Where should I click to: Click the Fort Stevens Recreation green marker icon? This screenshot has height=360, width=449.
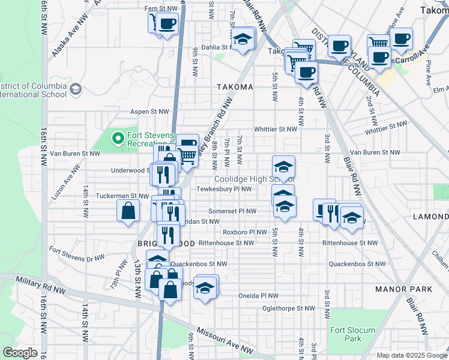click(x=118, y=139)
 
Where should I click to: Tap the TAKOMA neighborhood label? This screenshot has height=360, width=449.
click(x=235, y=87)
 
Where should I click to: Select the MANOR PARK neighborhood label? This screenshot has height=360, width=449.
click(x=403, y=289)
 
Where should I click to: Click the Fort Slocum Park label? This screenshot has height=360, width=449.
click(x=352, y=334)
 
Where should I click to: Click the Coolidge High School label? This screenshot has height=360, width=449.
click(x=255, y=179)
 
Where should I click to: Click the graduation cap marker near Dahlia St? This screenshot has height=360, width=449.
click(x=243, y=39)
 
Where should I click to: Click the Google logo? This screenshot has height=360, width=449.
click(x=19, y=353)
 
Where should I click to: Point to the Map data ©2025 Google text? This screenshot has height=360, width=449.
click(x=411, y=355)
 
